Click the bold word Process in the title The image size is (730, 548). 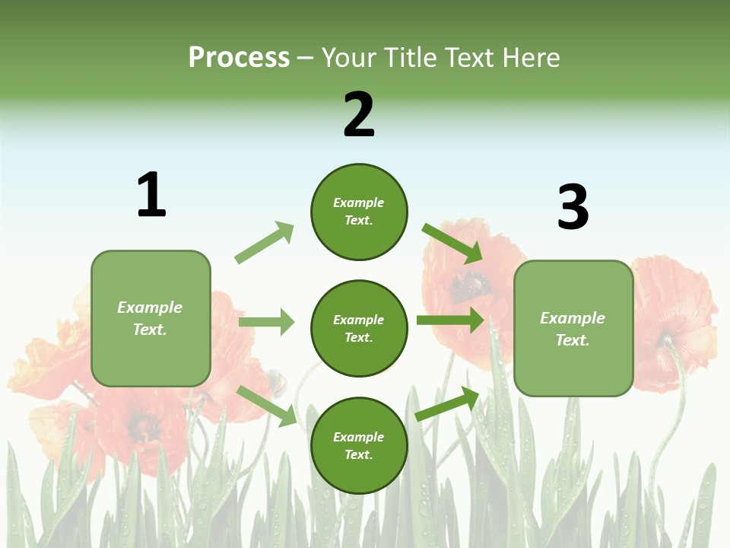[239, 58]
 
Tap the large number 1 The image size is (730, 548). [151, 195]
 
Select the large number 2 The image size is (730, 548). [359, 115]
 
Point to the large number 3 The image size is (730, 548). [573, 207]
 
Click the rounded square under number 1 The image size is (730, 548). [151, 318]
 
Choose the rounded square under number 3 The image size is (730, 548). [573, 328]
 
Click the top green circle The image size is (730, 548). [359, 212]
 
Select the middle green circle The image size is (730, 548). [359, 328]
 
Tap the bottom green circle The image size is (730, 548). [359, 445]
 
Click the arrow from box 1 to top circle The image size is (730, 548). [265, 243]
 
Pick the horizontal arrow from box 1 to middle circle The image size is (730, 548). [266, 322]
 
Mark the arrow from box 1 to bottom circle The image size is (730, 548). [267, 406]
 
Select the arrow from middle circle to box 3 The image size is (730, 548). [449, 320]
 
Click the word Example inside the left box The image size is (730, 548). [150, 307]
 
